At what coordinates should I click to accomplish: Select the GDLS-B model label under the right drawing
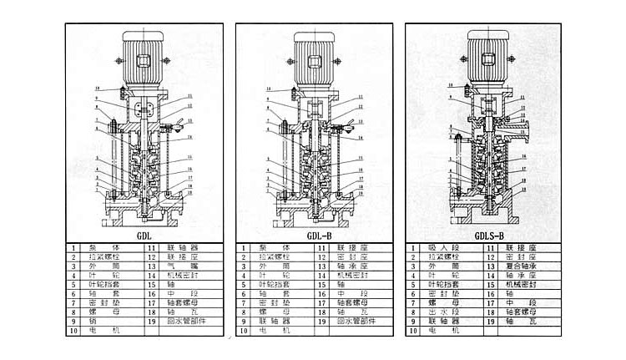(488, 236)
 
